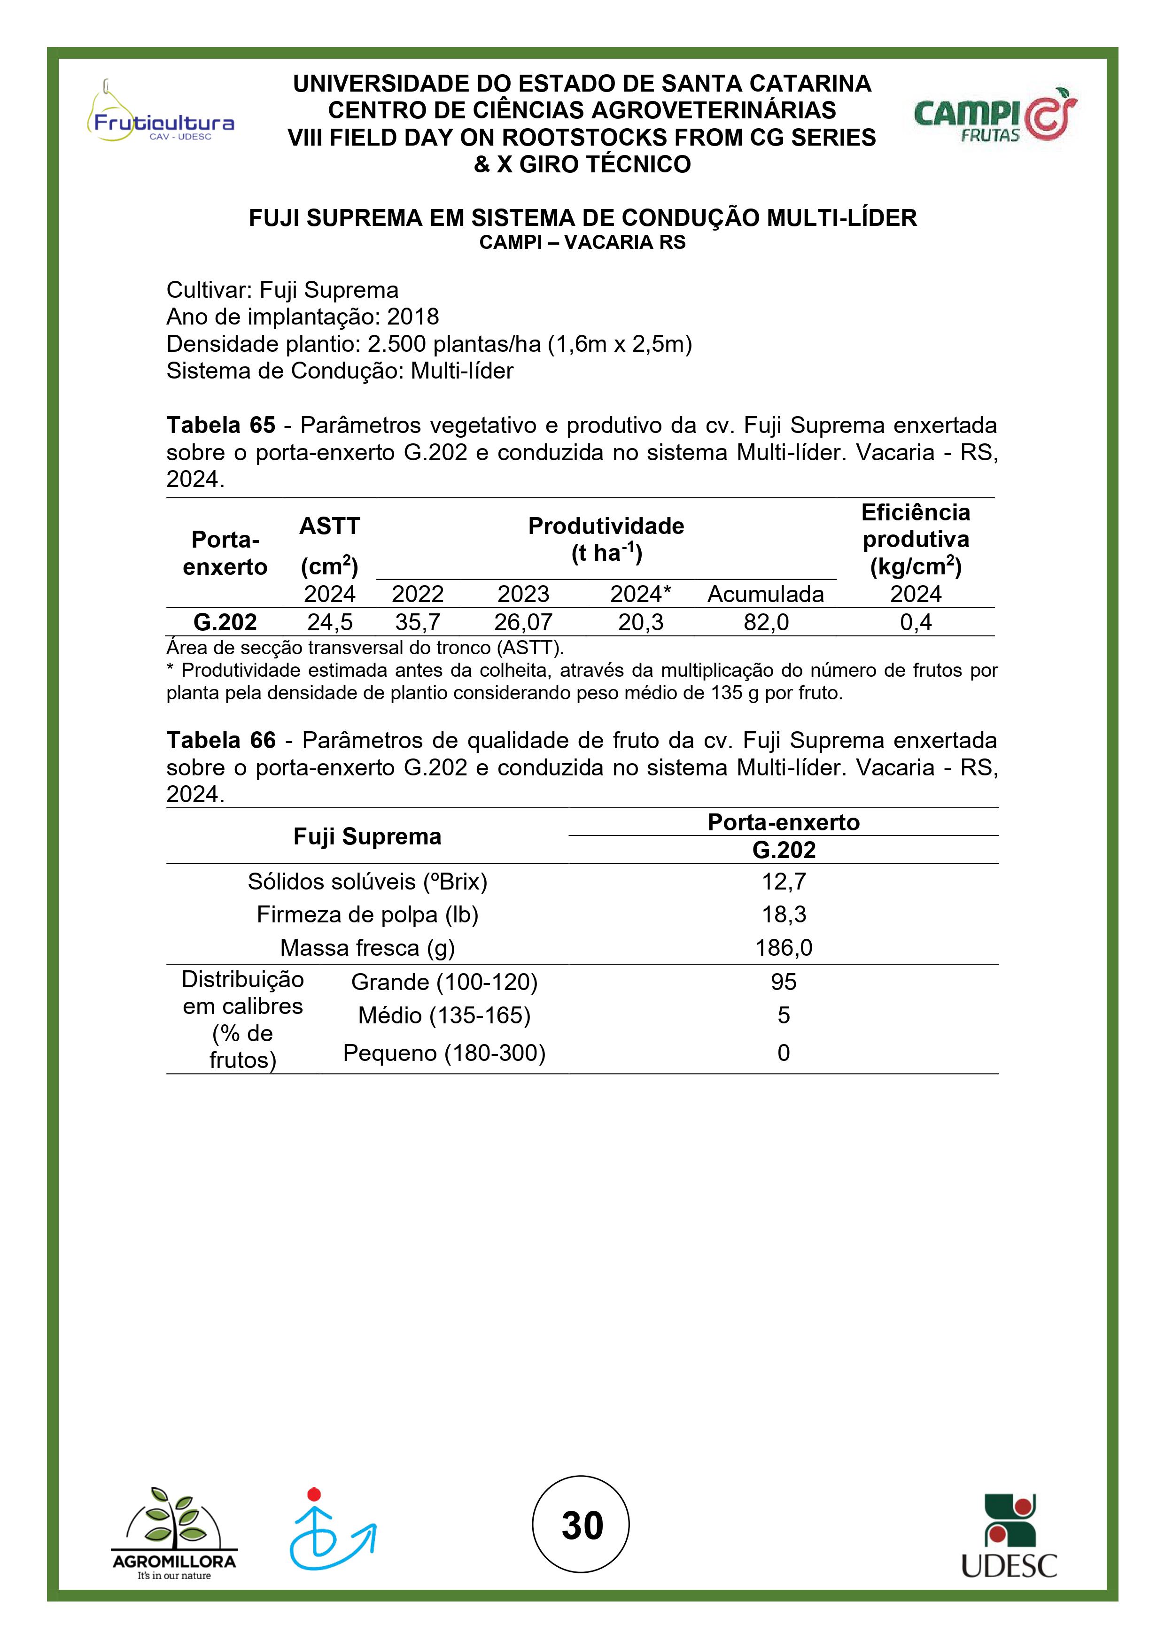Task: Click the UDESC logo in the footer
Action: click(1009, 1537)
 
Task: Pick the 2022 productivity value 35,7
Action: click(417, 622)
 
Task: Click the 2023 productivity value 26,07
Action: click(523, 622)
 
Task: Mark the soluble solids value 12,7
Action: click(784, 882)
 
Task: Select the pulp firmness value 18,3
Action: click(784, 914)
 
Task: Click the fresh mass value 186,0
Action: click(784, 948)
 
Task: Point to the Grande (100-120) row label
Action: click(444, 982)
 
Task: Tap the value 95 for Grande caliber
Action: click(784, 982)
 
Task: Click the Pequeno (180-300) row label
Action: click(444, 1053)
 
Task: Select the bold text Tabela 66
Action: click(221, 740)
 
